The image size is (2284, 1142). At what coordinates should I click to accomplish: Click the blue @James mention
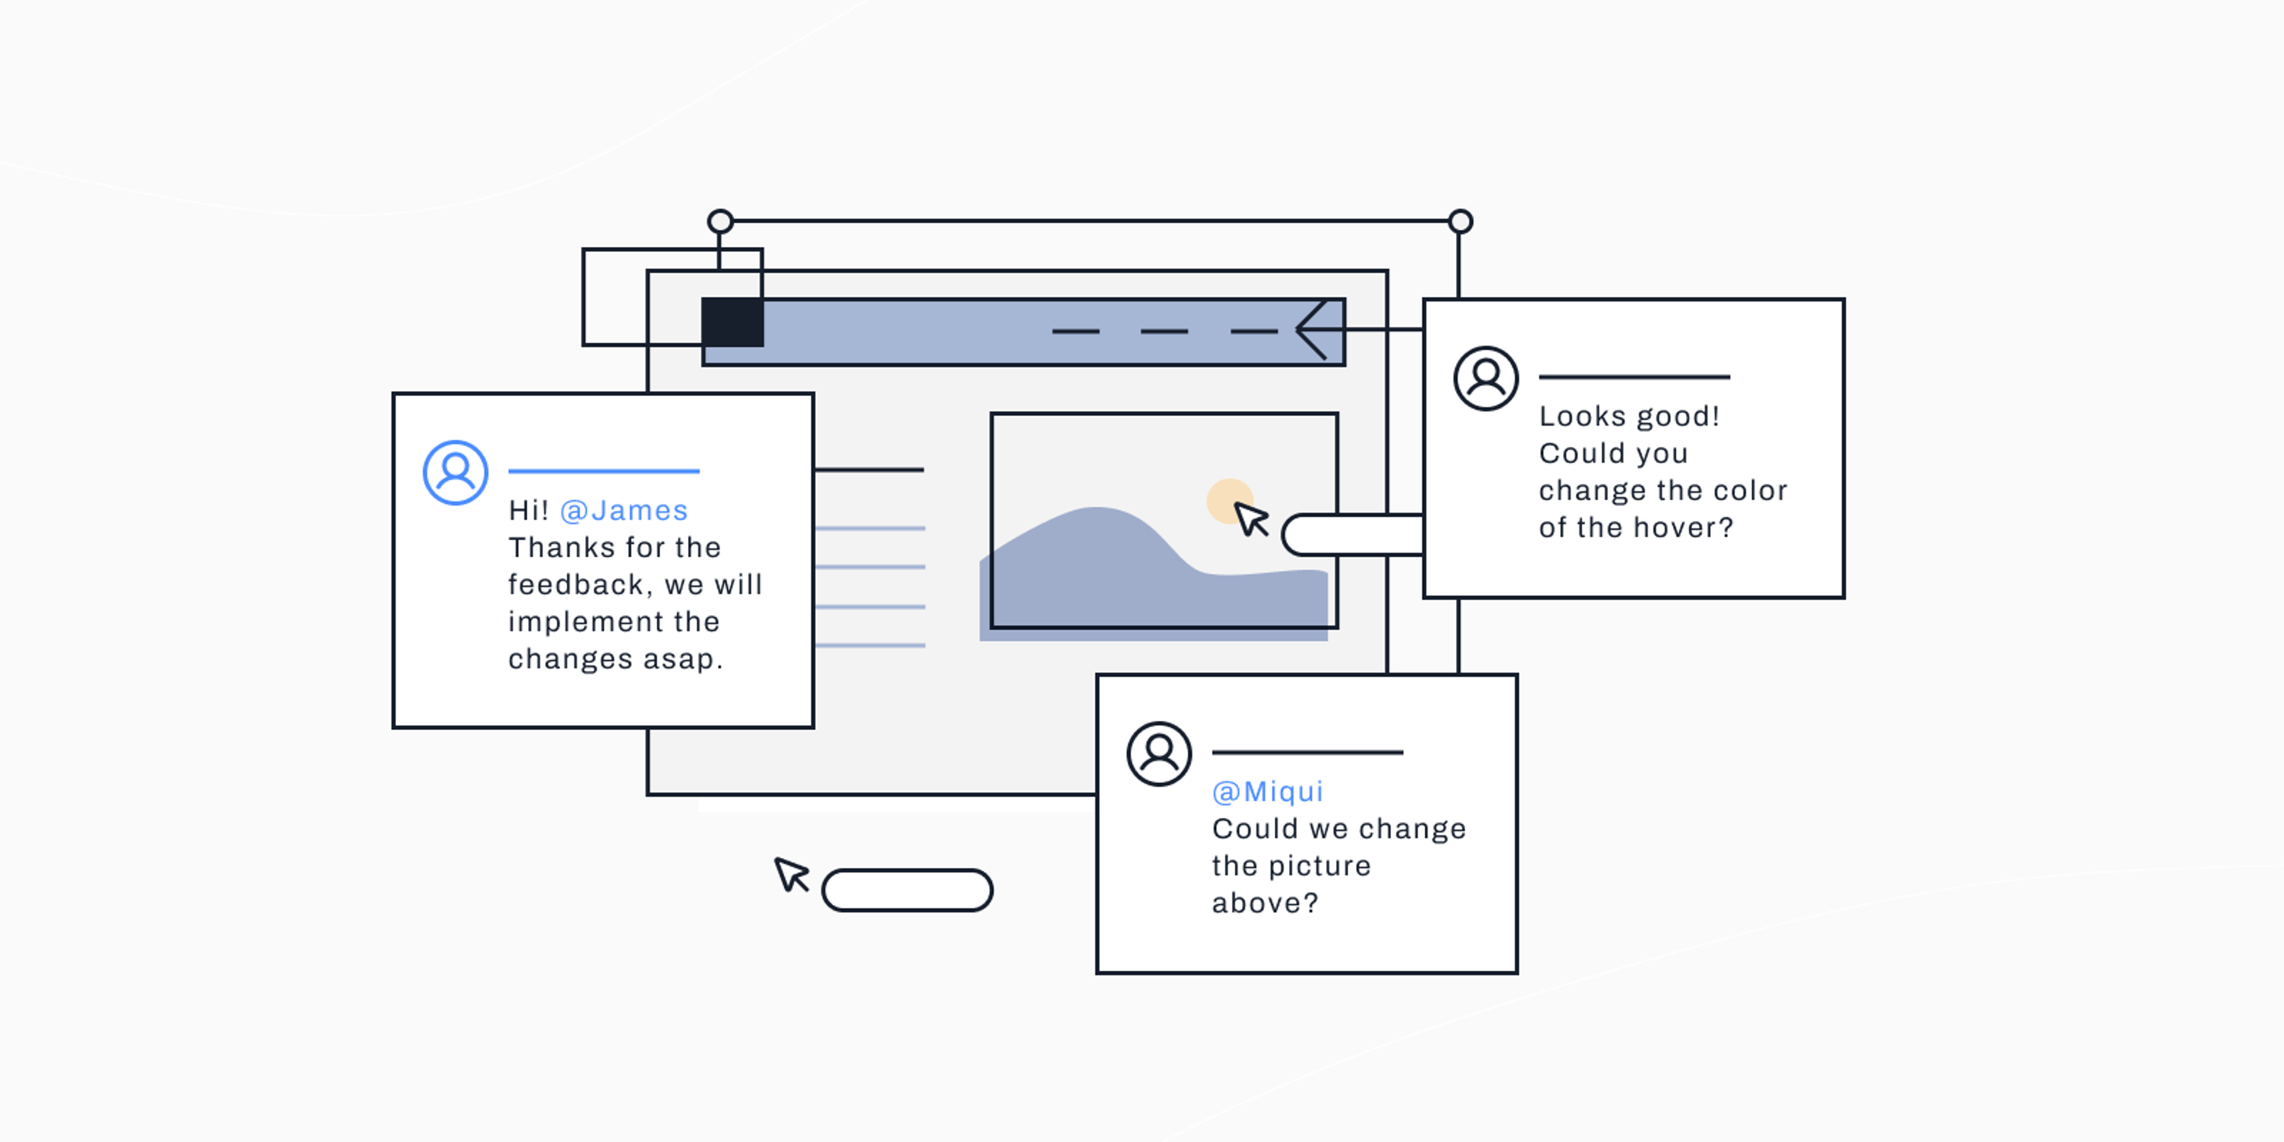(x=624, y=511)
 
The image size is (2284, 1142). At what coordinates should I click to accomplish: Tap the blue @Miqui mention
(x=1268, y=792)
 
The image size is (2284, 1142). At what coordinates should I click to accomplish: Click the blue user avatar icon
(x=456, y=473)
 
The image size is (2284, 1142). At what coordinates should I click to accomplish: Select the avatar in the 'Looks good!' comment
(x=1486, y=379)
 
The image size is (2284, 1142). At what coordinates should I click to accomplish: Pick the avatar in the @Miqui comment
(x=1159, y=754)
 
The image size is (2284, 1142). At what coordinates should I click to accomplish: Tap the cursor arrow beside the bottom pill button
(x=792, y=874)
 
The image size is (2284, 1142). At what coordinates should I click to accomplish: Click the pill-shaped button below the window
(x=907, y=890)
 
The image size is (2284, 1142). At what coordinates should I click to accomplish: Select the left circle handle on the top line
(x=720, y=221)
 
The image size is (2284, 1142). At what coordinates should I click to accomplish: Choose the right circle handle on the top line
(x=1460, y=221)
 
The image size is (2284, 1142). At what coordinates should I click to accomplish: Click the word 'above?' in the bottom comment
(x=1265, y=903)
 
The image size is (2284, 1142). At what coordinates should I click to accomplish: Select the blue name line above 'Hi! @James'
(x=604, y=471)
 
